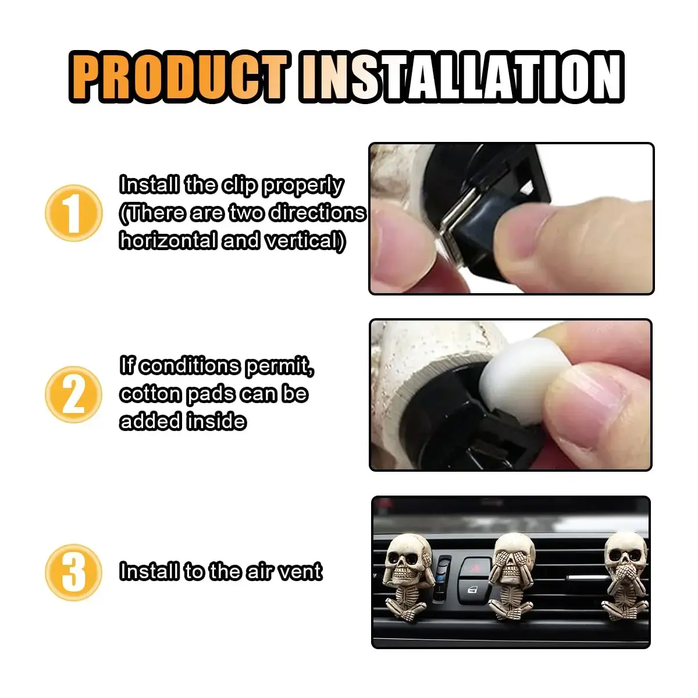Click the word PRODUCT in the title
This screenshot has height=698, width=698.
point(180,76)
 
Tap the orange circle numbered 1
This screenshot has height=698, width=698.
point(74,213)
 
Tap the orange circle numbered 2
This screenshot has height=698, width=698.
point(74,394)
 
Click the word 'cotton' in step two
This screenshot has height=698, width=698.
point(151,394)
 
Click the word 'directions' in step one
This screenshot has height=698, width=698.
point(318,213)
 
